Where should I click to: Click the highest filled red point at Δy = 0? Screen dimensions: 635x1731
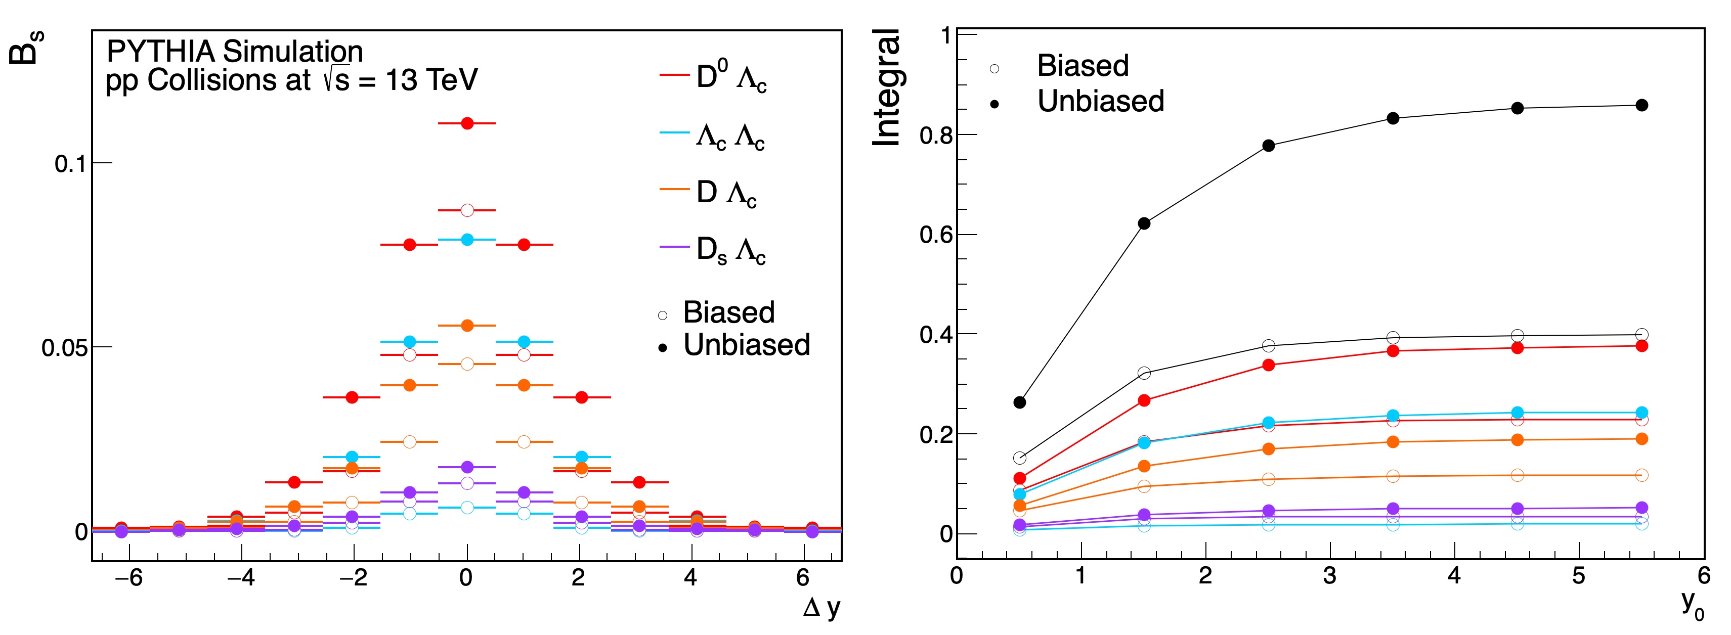(467, 123)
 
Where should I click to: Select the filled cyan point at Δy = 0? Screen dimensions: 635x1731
(467, 239)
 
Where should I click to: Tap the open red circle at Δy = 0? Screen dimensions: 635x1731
(467, 210)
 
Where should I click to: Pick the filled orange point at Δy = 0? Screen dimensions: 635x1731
(467, 325)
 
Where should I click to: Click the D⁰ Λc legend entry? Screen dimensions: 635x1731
(730, 78)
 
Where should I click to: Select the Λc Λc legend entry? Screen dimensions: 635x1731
(730, 137)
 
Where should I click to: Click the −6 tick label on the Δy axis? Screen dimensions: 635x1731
(128, 578)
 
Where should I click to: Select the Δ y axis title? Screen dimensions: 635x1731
(821, 608)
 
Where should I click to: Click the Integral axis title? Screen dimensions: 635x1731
(887, 87)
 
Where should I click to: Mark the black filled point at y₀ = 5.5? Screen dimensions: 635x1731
(1641, 105)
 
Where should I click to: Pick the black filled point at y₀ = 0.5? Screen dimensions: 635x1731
(1019, 402)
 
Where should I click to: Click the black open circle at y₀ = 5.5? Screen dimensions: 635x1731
(1641, 335)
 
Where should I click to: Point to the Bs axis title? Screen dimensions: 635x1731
(25, 47)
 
